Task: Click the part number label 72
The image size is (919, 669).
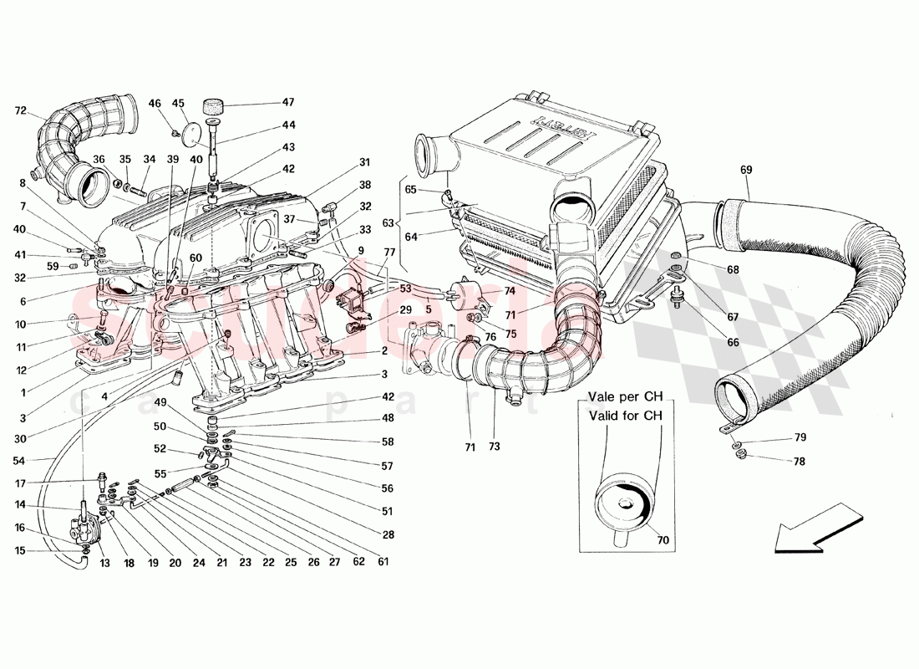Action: pyautogui.click(x=21, y=110)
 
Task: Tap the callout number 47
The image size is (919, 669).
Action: pyautogui.click(x=287, y=103)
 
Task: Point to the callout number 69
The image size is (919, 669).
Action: pyautogui.click(x=746, y=171)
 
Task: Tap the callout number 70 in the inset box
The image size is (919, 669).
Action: pyautogui.click(x=663, y=540)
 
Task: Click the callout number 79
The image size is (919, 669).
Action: pyautogui.click(x=800, y=438)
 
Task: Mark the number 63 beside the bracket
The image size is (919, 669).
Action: pyautogui.click(x=386, y=223)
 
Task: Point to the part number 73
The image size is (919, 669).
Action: pyautogui.click(x=495, y=447)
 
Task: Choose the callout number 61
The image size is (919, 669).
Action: pyautogui.click(x=383, y=562)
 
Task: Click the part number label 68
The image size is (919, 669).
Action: pyautogui.click(x=733, y=269)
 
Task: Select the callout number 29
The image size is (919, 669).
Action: pyautogui.click(x=406, y=310)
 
